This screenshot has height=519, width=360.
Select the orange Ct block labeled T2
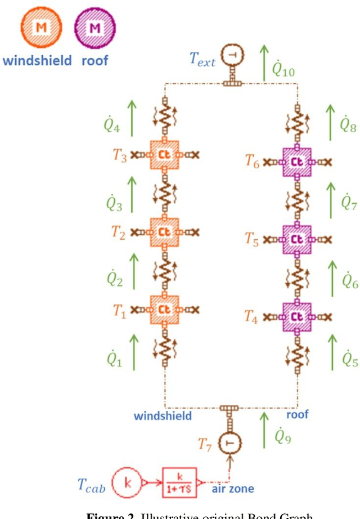point(164,231)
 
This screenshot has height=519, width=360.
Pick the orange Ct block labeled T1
point(164,309)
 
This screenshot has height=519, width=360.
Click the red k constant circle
point(128,484)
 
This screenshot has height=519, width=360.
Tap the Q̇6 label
point(350,279)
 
